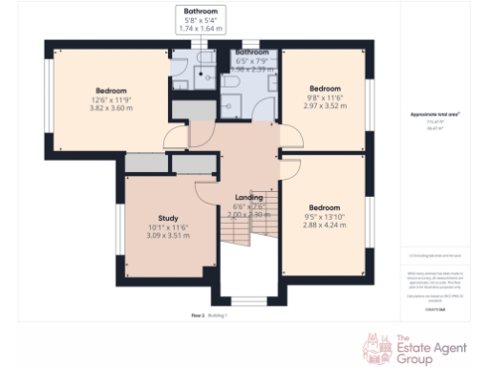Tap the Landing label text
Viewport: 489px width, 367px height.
tap(248, 198)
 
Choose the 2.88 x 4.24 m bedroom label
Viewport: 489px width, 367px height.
tap(325, 206)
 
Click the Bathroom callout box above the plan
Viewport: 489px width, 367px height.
tap(201, 20)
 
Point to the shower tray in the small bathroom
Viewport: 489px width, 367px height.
tap(182, 64)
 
